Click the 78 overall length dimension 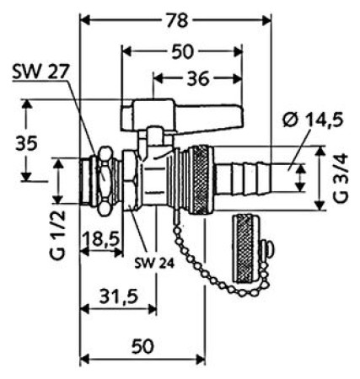177,20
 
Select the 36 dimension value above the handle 198,78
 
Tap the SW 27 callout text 40,72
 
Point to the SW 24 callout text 154,263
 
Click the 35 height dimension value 26,143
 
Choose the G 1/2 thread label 57,235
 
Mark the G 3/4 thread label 341,179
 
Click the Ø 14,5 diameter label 313,120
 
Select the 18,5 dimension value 101,239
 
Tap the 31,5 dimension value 119,296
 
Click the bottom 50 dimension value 142,346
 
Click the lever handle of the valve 182,115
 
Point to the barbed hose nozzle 243,178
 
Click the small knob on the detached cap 268,248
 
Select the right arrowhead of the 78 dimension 266,20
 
